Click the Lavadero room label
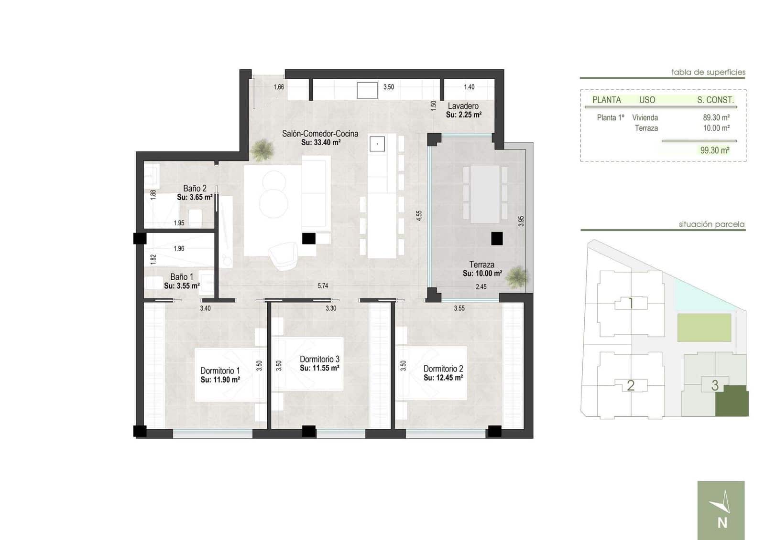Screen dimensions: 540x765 (463, 106)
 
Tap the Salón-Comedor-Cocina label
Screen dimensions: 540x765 (320, 134)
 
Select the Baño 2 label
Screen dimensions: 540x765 (195, 189)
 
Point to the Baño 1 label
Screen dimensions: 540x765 (182, 277)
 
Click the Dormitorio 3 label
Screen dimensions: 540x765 (319, 359)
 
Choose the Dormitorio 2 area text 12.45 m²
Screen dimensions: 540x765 (443, 378)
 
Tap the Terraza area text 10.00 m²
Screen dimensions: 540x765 (482, 274)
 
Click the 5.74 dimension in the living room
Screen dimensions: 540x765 (323, 286)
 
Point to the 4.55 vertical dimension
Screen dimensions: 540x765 (419, 215)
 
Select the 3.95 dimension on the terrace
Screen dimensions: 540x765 (521, 221)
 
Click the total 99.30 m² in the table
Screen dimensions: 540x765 (714, 150)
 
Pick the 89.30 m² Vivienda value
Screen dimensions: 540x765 (716, 117)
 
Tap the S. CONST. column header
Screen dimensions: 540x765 (715, 100)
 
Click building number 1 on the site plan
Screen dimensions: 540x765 (631, 303)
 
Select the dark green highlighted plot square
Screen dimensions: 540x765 (732, 401)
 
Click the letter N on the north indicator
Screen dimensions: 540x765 (722, 523)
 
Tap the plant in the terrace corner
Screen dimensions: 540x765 (517, 277)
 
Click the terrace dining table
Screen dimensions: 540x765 (485, 194)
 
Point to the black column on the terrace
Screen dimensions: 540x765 (497, 238)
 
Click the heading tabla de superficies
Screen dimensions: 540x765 (708, 73)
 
